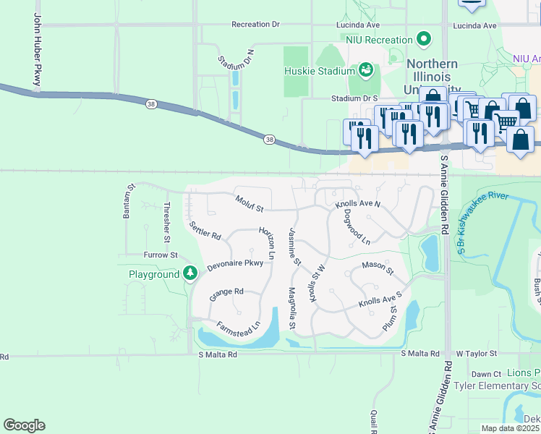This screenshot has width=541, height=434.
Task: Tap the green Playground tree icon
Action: pyautogui.click(x=190, y=273)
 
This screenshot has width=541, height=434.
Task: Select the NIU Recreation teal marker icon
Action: pyautogui.click(x=425, y=39)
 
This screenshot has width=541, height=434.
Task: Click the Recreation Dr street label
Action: pyautogui.click(x=255, y=25)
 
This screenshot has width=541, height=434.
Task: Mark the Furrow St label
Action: pyautogui.click(x=160, y=255)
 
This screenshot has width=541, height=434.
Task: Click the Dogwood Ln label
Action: pyautogui.click(x=357, y=226)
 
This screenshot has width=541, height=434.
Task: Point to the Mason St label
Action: pyautogui.click(x=378, y=269)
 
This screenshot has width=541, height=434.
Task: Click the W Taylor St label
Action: pyautogui.click(x=476, y=354)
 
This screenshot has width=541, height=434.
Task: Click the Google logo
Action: pyautogui.click(x=24, y=425)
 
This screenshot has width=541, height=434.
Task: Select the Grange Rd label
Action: pyautogui.click(x=226, y=294)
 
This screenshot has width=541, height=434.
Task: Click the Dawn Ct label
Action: pyautogui.click(x=486, y=374)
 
